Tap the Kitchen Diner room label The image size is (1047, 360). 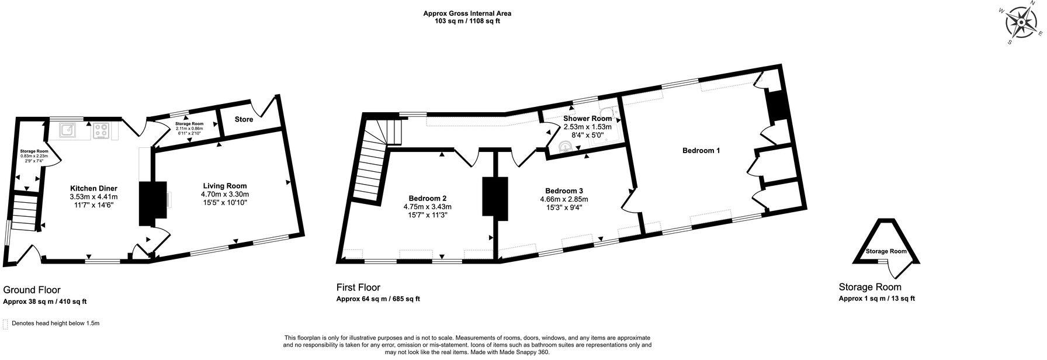point(93,188)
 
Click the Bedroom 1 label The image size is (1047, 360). point(701,150)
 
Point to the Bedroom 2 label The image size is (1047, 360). point(427,198)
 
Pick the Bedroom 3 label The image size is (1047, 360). point(564,191)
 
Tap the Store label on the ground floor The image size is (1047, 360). point(244,119)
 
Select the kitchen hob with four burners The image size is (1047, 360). point(100,130)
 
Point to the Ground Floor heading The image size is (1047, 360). point(32,290)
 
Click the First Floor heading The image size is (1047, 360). point(358,288)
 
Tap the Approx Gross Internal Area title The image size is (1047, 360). point(462,13)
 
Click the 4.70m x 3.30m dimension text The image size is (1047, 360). point(225,195)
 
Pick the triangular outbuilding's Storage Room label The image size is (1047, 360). point(886,251)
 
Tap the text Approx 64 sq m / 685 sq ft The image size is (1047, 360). point(377,299)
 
